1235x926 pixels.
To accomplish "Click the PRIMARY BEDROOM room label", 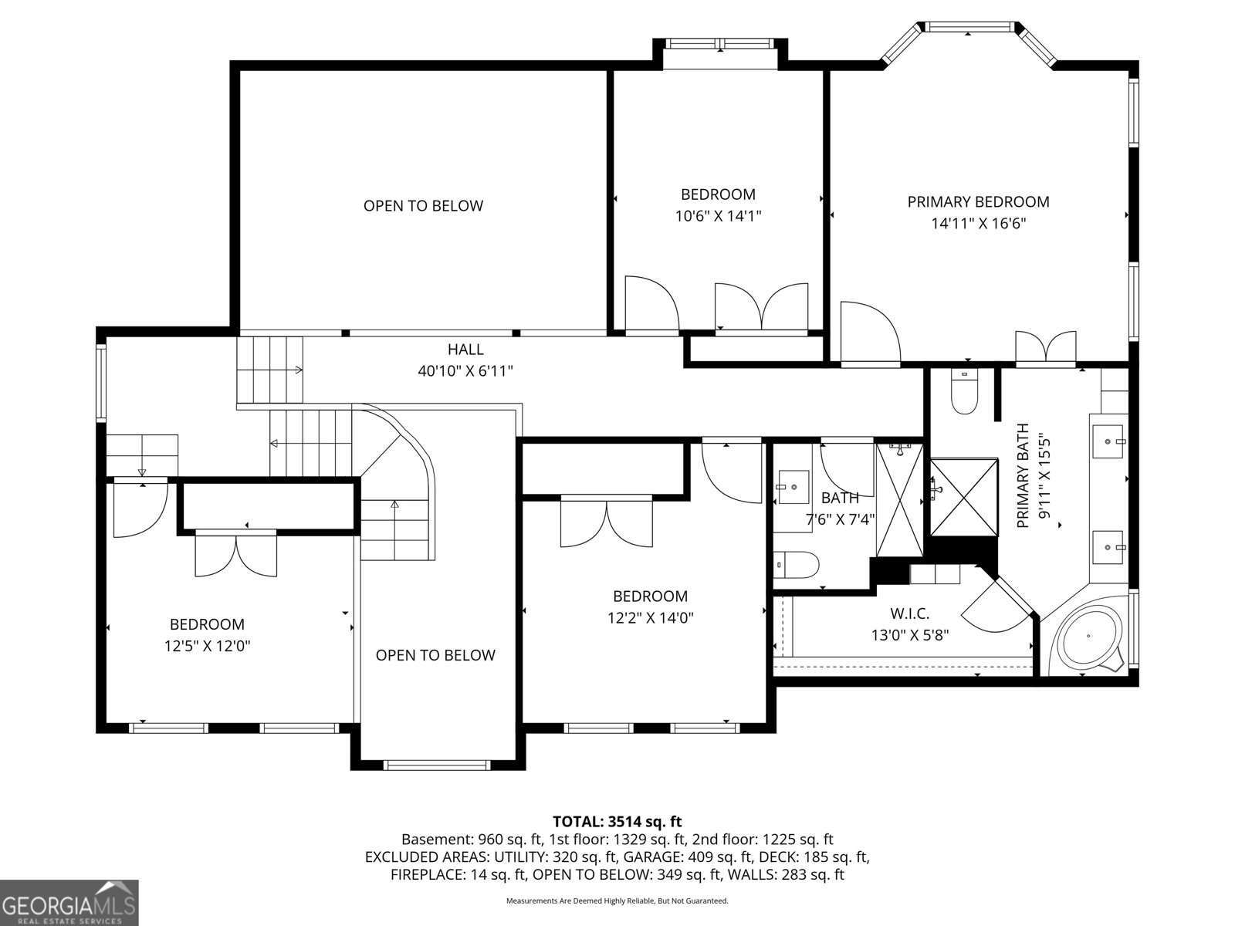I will click(x=978, y=202).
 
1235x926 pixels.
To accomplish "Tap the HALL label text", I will click(x=465, y=350).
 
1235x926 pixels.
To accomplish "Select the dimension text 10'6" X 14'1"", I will click(x=718, y=216).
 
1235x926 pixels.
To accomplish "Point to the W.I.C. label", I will click(x=909, y=614).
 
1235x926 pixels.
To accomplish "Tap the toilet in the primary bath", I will click(x=963, y=394).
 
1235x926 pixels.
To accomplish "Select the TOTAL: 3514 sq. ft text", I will click(x=617, y=822).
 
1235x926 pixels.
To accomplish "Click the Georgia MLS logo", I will click(x=69, y=902).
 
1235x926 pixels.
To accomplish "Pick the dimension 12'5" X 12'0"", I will click(x=207, y=646).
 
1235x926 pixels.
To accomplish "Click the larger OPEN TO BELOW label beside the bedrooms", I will click(x=423, y=206).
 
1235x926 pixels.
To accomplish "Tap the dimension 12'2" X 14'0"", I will click(x=650, y=618).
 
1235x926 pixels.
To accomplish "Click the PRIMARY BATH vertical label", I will click(x=1024, y=475).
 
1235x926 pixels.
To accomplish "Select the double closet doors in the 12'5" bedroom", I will click(x=235, y=554).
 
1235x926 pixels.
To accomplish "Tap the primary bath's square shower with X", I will click(x=963, y=497).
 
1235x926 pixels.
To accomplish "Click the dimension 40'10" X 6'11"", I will click(x=465, y=371).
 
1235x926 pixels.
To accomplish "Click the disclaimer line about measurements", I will click(x=617, y=901).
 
